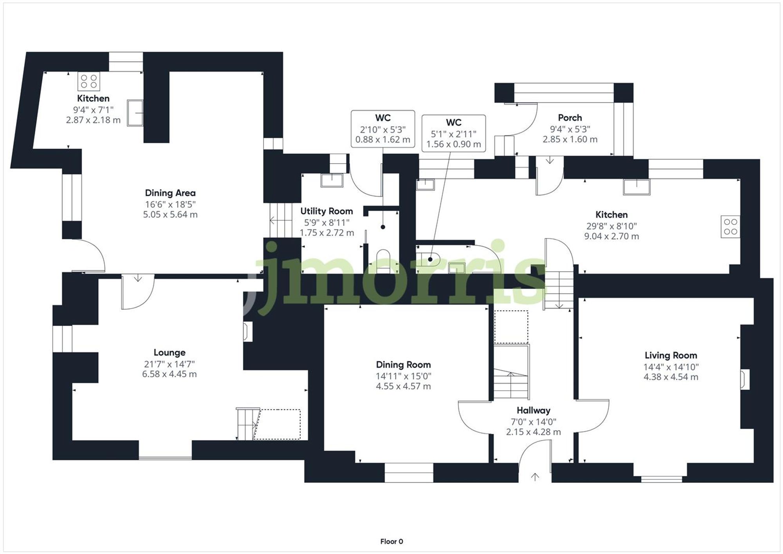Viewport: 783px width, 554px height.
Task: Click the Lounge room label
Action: (x=169, y=352)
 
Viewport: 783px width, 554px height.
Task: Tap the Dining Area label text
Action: (x=170, y=193)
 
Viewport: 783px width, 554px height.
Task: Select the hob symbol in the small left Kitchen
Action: (x=89, y=81)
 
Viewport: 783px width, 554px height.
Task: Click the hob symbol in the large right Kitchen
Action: (x=730, y=227)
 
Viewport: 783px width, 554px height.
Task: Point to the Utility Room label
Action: (x=327, y=211)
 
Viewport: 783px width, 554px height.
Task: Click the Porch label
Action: (x=570, y=117)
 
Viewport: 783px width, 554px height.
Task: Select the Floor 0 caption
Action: (x=391, y=541)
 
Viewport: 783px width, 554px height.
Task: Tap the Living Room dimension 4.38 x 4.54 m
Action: (x=671, y=377)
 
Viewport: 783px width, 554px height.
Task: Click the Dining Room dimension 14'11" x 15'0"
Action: (x=403, y=376)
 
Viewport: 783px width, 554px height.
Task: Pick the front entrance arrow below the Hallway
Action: (x=535, y=476)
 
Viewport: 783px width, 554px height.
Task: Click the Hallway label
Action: (x=533, y=410)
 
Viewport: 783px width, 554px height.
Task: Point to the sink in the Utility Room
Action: (x=332, y=180)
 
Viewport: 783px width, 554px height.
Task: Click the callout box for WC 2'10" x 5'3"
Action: (x=382, y=128)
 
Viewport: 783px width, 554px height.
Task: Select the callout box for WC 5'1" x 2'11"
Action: (x=453, y=133)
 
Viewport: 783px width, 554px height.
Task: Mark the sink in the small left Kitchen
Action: (x=135, y=113)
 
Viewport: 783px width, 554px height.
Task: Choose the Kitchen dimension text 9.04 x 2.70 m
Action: (x=611, y=236)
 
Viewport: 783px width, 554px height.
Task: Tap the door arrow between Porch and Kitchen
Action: (x=550, y=160)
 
